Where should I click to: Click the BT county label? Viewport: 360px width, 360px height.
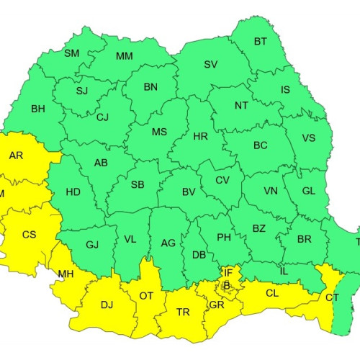coord(260,42)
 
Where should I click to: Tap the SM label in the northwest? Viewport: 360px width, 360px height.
coord(72,53)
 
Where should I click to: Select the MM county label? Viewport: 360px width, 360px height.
coord(124,56)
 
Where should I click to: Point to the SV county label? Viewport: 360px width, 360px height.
coord(210,65)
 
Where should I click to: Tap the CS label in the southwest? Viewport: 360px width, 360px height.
coord(29,235)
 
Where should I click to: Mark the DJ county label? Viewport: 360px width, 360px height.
coord(107,305)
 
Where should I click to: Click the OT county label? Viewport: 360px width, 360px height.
coord(146,296)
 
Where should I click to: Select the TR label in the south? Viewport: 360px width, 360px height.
coord(184,312)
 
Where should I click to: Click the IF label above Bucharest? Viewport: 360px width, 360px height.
coord(227,272)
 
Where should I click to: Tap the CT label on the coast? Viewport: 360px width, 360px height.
coord(332,297)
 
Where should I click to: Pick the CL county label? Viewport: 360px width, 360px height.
coord(272,293)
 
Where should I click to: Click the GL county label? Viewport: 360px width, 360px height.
coord(308,192)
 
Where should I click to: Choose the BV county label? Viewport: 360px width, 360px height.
coord(189,192)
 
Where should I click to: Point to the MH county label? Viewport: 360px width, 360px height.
coord(66,274)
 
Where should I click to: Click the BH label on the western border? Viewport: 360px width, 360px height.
coord(38,109)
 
